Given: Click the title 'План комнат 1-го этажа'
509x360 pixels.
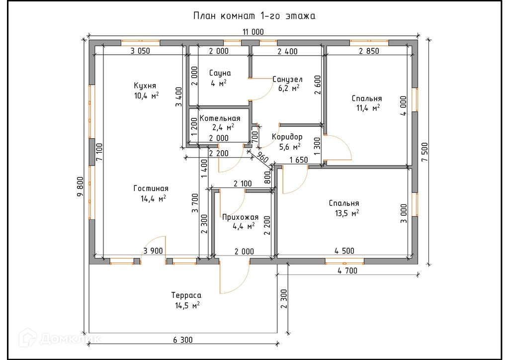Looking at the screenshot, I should (x=254, y=16).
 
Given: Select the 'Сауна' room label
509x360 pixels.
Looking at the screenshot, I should (x=220, y=73).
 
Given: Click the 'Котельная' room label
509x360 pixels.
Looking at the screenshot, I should (x=220, y=118).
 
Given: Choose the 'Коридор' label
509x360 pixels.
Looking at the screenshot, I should (x=287, y=137).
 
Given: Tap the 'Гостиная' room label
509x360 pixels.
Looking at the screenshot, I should (x=151, y=188).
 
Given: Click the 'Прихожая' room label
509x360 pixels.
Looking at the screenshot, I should (x=240, y=217).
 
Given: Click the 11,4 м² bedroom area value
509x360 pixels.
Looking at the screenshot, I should (x=368, y=107).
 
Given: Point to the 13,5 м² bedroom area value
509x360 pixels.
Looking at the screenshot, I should (x=347, y=213).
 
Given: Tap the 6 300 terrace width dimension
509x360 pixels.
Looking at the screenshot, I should (x=183, y=340).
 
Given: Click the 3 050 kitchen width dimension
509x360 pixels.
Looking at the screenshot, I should (x=140, y=51).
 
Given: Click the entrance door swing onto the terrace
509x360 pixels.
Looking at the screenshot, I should (x=234, y=276).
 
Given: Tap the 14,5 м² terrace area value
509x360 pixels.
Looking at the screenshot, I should (x=187, y=305).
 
